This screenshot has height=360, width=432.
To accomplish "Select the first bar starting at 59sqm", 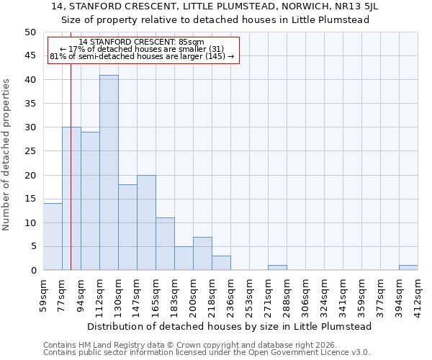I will click(x=53, y=237).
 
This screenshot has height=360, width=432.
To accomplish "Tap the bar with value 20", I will click(x=146, y=222).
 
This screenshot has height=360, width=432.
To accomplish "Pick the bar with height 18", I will click(x=127, y=228).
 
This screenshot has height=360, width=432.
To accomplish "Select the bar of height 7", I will click(x=202, y=253).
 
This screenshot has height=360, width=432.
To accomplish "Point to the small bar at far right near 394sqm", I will click(x=408, y=268).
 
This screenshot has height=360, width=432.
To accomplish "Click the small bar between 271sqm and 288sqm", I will click(x=277, y=268).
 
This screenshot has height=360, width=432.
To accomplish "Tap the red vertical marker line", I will click(x=71, y=180).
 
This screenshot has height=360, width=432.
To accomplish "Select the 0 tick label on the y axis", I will click(x=32, y=271).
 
